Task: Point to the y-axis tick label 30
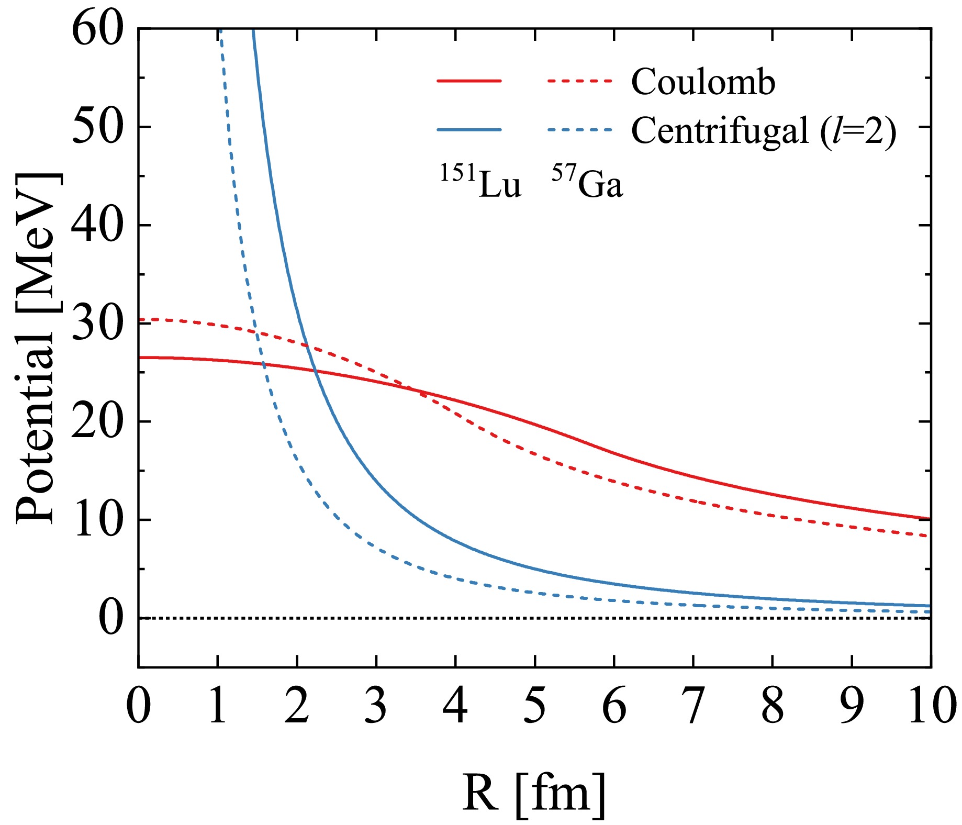click(97, 322)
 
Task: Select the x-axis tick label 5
click(534, 706)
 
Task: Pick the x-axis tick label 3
click(376, 706)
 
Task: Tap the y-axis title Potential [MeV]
click(37, 348)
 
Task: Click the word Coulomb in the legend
click(703, 82)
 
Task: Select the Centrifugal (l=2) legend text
click(764, 130)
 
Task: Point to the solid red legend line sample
click(469, 81)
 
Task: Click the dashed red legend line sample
click(579, 81)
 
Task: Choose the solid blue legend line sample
click(469, 129)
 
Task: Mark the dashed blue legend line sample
click(579, 129)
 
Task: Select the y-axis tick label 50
click(97, 126)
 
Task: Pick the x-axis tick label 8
click(773, 706)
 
